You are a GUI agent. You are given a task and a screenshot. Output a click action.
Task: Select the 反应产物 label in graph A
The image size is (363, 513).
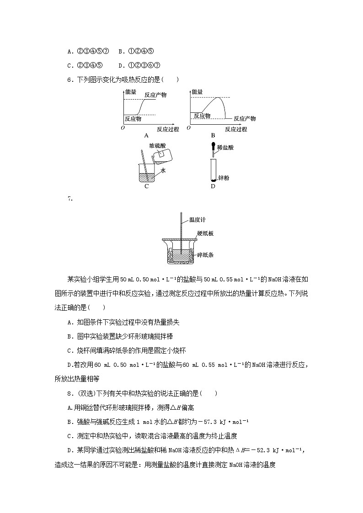tap(155, 95)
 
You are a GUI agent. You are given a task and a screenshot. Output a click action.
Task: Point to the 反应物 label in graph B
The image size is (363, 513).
tap(202, 116)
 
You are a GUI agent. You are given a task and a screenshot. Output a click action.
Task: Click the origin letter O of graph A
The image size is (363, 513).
tap(123, 128)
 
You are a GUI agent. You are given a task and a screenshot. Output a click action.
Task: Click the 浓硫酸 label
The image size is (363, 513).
tap(158, 145)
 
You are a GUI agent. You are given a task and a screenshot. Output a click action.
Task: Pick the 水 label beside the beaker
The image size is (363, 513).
tap(163, 169)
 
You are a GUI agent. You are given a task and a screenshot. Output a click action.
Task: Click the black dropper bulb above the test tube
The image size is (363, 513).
tap(213, 147)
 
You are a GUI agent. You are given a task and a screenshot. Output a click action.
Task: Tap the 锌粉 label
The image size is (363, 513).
tap(224, 178)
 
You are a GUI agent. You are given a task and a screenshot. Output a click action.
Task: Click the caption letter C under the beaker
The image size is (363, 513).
tap(146, 186)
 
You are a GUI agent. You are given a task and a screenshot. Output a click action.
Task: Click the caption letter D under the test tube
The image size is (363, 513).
tap(213, 186)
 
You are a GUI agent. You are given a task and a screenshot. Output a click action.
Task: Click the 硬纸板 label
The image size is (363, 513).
tap(205, 233)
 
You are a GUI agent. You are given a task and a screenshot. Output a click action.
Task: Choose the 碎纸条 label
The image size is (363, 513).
tap(205, 255)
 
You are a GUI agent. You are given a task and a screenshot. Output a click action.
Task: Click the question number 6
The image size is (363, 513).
tap(69, 80)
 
